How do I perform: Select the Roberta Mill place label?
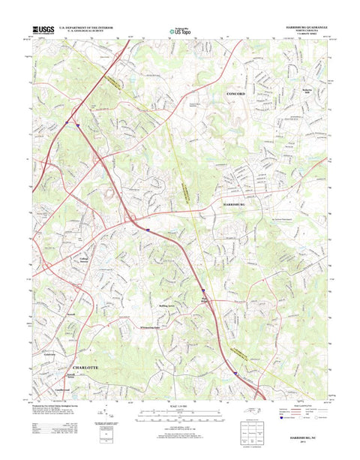pyautogui.click(x=306, y=92)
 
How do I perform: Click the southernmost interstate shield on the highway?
pyautogui.click(x=233, y=371)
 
